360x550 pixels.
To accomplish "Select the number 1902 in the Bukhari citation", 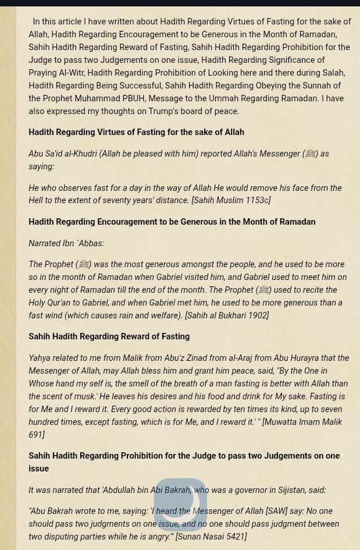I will pos(257,315).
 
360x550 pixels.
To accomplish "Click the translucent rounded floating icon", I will pos(180,504).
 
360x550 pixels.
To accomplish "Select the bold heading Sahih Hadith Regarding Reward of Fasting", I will pos(109,336).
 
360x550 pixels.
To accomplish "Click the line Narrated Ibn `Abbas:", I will pos(66,243).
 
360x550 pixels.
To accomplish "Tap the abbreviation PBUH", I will pos(133,98).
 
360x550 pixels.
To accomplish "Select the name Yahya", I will pos(40,358).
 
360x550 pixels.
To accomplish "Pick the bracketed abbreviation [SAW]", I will pos(276,511).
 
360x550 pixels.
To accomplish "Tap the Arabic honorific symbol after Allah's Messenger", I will pos(311,154).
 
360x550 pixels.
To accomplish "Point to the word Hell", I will pos(36,200).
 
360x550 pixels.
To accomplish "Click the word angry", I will pos(158,537).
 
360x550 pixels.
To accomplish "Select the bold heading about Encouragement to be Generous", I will pos(172,222).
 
